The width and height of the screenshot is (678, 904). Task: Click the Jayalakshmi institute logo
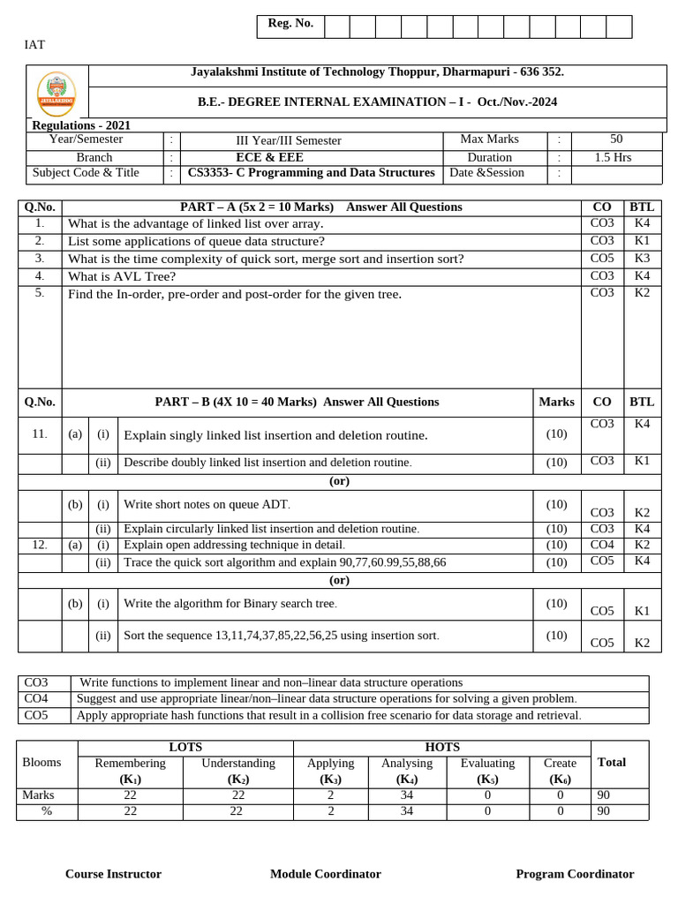56,94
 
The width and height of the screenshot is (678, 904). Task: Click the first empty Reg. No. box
336,26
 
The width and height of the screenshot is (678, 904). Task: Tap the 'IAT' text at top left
34,44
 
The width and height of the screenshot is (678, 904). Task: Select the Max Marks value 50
616,139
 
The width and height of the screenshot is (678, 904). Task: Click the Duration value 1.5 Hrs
616,157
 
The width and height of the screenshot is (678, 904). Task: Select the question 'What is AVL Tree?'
122,276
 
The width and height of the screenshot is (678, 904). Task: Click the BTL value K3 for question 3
642,258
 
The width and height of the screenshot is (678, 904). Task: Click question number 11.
39,434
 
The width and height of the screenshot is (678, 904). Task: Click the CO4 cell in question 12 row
602,545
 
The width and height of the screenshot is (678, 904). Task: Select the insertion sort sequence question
281,636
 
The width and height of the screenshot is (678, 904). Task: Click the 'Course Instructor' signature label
113,874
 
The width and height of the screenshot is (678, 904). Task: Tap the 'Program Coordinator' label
575,874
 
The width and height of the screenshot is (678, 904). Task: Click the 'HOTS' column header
441,748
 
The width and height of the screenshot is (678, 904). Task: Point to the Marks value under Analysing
406,795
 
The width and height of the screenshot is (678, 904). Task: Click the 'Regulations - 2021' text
81,125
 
